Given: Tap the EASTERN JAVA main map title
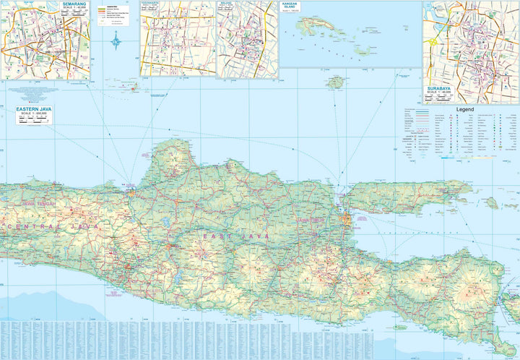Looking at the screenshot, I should (x=34, y=108).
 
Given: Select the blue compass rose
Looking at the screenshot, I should (x=116, y=43).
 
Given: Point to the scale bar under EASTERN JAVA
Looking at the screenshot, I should (x=34, y=121).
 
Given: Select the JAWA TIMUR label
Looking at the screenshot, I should (x=312, y=220).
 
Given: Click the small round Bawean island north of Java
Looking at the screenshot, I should (x=334, y=83).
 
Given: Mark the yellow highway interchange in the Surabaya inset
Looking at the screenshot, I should (x=434, y=42).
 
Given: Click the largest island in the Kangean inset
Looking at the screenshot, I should (x=317, y=25).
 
